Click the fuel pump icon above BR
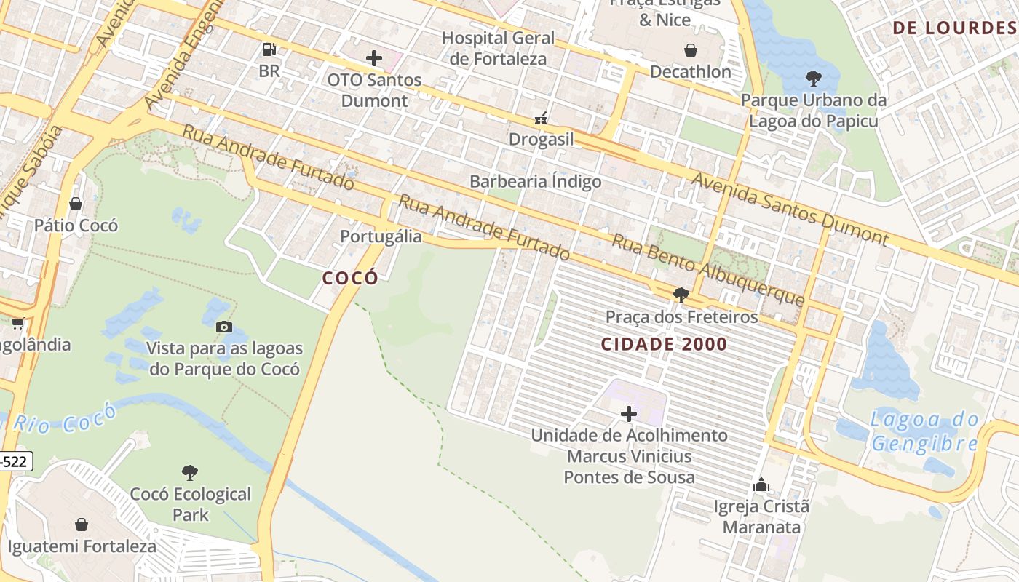pos(269,49)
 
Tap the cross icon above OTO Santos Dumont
pos(374,58)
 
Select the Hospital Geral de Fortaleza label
pos(498,48)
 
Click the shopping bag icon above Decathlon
pos(690,50)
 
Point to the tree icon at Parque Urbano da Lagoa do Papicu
pos(814,79)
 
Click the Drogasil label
pos(541,139)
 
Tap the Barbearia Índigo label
pos(535,181)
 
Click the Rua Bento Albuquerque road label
pos(707,270)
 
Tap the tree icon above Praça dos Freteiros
pos(681,295)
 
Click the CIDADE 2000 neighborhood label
pos(664,344)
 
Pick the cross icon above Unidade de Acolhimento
pos(629,414)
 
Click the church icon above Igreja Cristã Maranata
pos(761,485)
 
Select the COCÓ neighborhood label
pos(350,278)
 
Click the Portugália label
pos(381,236)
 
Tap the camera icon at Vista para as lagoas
pos(224,327)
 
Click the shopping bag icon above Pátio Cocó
pos(76,204)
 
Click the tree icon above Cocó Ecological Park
pos(190,473)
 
